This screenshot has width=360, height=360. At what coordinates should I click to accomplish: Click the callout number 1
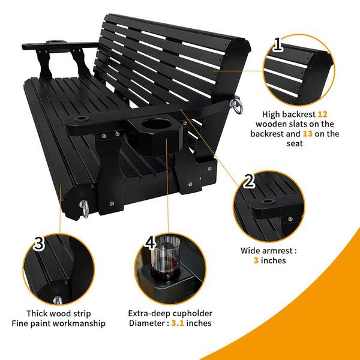278,44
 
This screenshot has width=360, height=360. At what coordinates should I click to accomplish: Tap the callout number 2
248,181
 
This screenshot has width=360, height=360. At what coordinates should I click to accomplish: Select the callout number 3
38,243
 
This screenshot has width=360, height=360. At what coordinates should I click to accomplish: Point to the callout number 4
151,242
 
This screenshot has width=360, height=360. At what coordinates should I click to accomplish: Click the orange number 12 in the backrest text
322,114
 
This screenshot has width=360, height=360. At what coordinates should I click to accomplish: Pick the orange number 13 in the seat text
308,134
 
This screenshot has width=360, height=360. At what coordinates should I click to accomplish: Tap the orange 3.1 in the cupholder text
178,323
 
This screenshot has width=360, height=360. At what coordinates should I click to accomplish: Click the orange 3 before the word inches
256,260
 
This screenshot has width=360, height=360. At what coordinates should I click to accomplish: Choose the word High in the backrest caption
271,115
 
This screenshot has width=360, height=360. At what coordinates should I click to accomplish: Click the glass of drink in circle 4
166,259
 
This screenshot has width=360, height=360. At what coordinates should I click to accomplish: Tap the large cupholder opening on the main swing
157,124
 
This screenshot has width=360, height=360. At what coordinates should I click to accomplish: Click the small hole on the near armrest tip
82,119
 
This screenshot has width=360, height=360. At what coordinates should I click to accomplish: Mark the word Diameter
147,323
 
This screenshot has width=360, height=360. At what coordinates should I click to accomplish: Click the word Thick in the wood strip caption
37,313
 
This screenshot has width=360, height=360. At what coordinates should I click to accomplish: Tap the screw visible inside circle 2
290,219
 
